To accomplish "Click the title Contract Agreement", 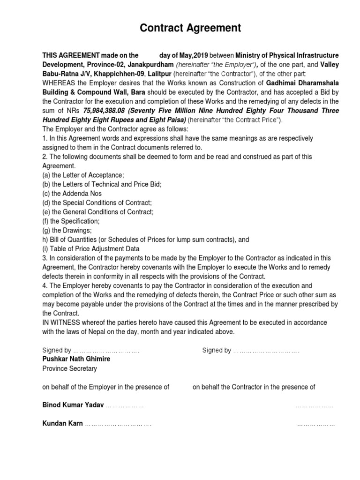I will (190, 29).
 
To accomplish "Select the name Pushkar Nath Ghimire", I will (77, 359).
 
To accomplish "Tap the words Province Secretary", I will (69, 368).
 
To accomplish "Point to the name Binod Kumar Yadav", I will (73, 405).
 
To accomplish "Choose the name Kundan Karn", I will (63, 423).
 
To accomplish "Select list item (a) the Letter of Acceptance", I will (83, 175).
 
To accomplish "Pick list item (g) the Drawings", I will (67, 230).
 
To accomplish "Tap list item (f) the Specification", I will (71, 221).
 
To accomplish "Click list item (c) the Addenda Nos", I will (72, 193).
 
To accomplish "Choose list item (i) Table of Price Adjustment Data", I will (91, 248).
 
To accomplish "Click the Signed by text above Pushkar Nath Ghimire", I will (57, 350).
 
